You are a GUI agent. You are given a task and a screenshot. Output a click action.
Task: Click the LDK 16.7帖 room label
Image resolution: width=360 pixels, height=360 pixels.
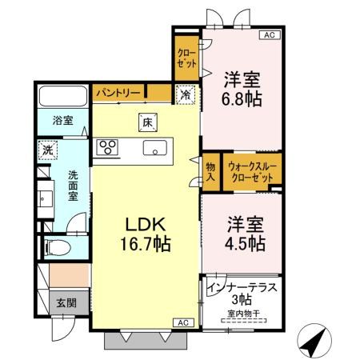pos(145,232)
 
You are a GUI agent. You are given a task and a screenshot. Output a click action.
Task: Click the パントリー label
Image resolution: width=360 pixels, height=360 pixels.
pos(118,94)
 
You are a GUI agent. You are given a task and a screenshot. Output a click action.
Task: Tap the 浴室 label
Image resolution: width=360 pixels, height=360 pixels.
pos(62,121)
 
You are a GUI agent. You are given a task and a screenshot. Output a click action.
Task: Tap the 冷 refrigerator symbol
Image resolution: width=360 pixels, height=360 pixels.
pos(186,94)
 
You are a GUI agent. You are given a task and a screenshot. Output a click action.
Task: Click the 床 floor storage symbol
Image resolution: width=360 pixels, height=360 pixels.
pos(147,122)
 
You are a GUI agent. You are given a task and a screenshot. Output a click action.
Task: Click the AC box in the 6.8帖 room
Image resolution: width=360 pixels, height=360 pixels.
pos(268,35)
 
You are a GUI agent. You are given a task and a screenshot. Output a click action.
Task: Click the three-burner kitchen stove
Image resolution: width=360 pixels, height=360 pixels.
pos(108,146)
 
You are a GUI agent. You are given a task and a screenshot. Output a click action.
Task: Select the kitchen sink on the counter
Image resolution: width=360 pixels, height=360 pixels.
pos(155,148)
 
